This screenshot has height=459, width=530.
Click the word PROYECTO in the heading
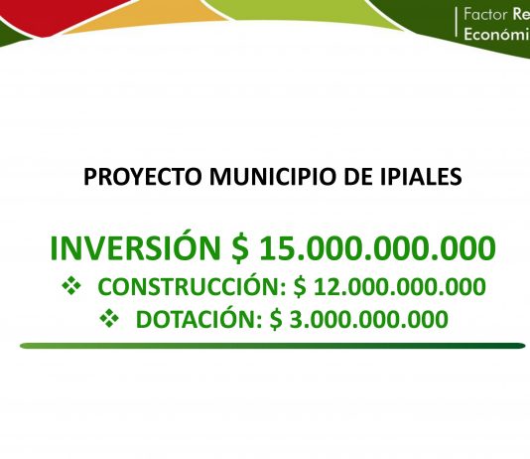[142, 176]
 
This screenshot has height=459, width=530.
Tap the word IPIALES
[421, 176]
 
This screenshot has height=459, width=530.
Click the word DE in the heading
[358, 176]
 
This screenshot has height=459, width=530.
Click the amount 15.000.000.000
[377, 248]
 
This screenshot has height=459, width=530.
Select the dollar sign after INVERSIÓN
[240, 248]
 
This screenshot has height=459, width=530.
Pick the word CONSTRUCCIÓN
[192, 286]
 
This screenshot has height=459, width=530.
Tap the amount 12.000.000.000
[400, 287]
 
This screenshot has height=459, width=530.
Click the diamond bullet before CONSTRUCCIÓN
[71, 285]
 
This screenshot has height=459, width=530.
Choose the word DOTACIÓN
[199, 319]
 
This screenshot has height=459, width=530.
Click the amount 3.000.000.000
[369, 319]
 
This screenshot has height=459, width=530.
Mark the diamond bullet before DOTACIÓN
[109, 318]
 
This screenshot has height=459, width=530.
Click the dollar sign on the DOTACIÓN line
[276, 319]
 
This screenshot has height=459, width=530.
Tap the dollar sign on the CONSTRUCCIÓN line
[300, 287]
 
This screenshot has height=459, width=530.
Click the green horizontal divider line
[272, 346]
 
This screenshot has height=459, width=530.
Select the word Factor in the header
[485, 14]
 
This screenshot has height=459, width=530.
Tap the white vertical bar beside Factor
[457, 22]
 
